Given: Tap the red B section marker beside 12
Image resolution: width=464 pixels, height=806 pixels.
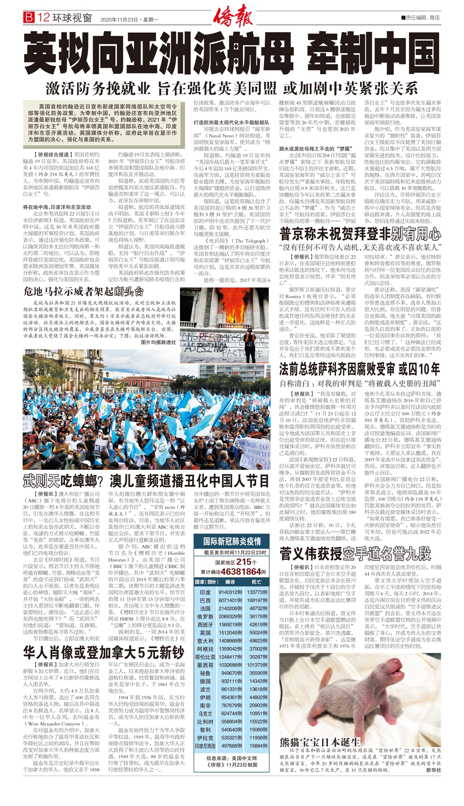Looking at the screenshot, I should (29, 18).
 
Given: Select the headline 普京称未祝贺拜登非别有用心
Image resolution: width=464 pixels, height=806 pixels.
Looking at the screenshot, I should (360, 234).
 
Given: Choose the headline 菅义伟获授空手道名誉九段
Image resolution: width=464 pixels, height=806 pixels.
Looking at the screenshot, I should (355, 553).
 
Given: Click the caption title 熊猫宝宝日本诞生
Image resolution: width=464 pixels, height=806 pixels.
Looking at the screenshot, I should (319, 742).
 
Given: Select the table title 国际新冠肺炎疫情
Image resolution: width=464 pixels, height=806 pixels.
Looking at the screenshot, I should (232, 541).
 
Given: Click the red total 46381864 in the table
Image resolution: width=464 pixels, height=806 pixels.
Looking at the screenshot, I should (240, 572).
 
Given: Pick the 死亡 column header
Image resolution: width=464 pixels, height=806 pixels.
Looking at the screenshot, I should (256, 582).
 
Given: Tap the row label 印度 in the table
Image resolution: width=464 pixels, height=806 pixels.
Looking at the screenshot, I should (205, 593).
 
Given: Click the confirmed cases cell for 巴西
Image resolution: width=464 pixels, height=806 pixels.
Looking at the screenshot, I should (230, 601).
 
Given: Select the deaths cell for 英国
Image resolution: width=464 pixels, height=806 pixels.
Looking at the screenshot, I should (258, 632).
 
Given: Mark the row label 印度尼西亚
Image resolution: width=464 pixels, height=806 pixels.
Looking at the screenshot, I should (205, 746).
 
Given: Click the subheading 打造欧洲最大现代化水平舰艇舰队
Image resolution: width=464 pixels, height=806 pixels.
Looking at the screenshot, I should (231, 122).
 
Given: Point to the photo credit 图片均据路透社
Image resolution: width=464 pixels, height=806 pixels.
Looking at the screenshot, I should (158, 342).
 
